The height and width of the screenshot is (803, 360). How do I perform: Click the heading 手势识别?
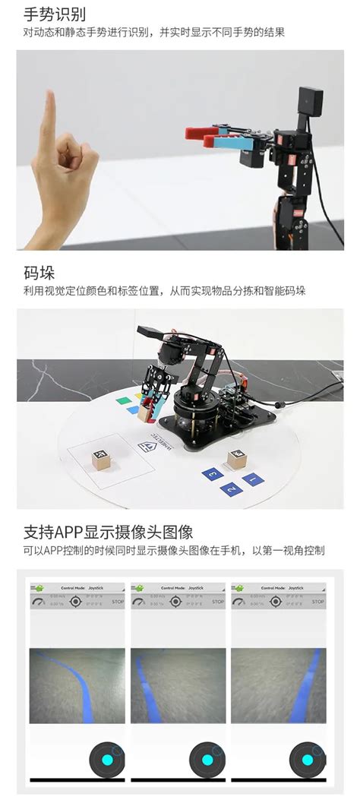tap(54, 14)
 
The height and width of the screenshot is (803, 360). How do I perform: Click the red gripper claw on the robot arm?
tap(204, 134)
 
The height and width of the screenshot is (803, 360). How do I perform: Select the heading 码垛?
tap(39, 273)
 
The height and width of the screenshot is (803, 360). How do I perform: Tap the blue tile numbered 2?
tap(229, 489)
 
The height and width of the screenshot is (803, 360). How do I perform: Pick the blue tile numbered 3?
tap(210, 474)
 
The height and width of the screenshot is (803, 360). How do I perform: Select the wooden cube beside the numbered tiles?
tap(236, 458)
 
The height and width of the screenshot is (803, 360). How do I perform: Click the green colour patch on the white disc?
tap(120, 399)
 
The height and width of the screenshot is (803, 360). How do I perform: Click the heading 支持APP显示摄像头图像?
tap(108, 531)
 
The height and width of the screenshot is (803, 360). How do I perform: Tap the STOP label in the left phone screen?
tap(117, 602)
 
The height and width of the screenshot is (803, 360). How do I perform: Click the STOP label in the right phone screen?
tap(318, 602)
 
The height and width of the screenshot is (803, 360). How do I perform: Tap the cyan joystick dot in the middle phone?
tap(207, 760)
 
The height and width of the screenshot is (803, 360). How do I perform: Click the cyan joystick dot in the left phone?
tap(106, 760)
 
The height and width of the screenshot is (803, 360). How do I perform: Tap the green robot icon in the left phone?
tap(36, 587)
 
